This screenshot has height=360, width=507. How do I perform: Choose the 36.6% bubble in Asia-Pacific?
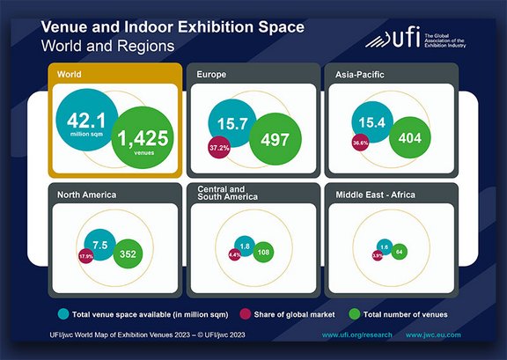tap(360, 143)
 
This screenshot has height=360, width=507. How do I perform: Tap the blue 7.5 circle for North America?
tap(99, 244)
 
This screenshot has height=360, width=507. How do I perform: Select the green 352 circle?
tap(128, 254)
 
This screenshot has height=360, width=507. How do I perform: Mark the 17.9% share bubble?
tap(86, 256)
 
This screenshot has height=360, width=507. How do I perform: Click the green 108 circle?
tap(261, 252)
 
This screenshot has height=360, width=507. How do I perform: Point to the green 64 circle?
tap(399, 252)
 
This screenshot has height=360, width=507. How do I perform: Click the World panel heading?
tap(70, 75)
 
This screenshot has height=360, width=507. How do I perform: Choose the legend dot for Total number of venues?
tap(355, 313)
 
